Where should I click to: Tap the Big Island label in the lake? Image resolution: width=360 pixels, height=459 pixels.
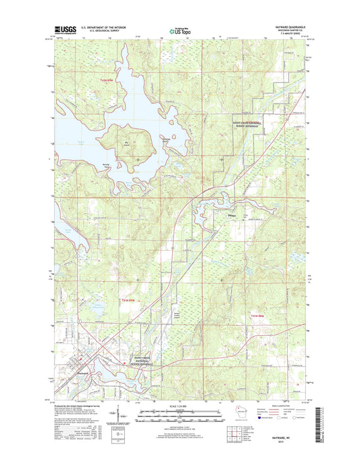126,143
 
